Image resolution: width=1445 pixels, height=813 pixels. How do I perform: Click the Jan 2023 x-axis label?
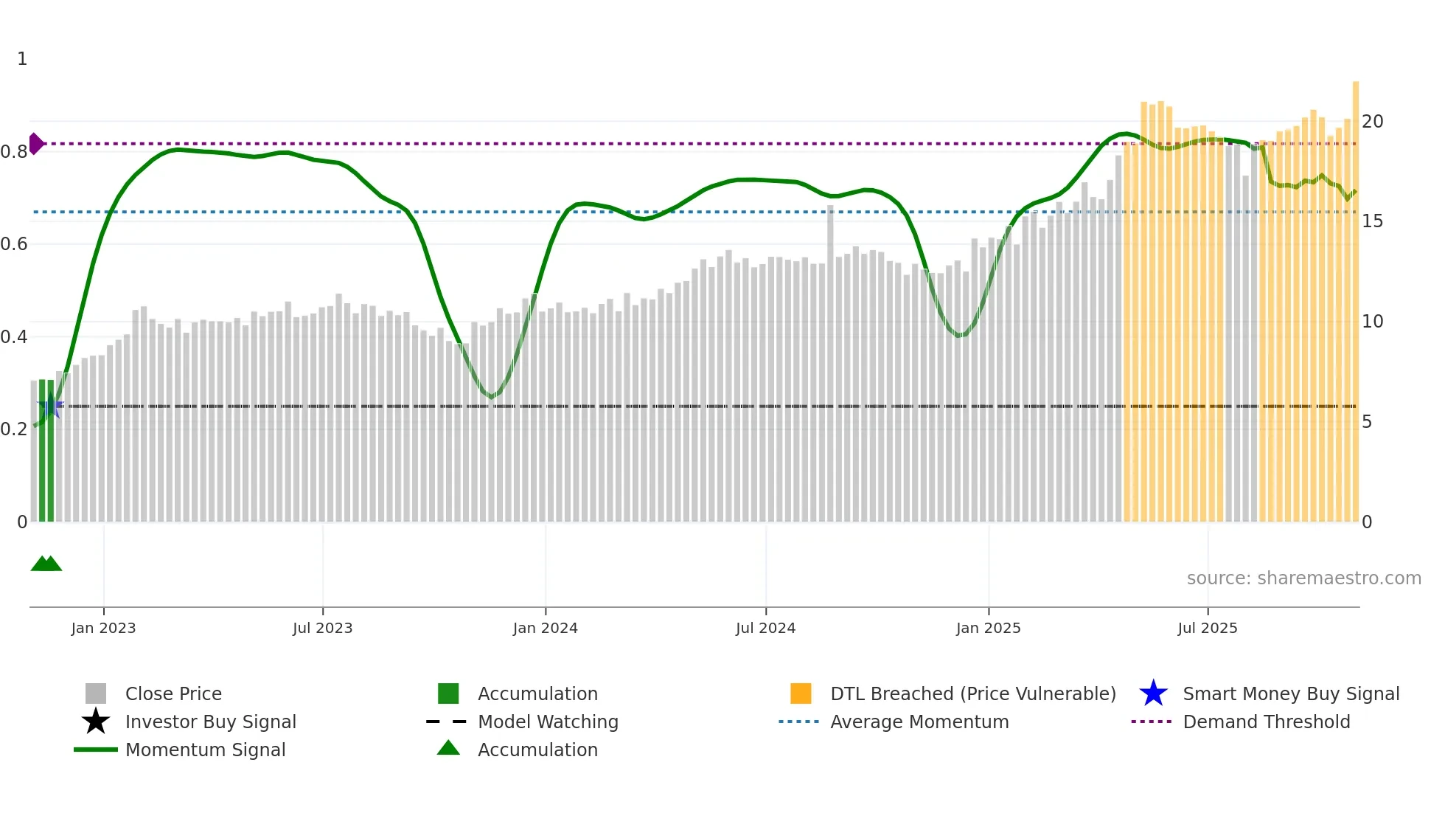[x=103, y=628]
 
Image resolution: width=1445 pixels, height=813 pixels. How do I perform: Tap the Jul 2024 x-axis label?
[x=765, y=628]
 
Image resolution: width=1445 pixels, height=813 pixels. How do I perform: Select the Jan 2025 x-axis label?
[x=988, y=628]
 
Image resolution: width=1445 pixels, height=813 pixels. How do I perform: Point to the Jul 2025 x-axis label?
[x=1207, y=628]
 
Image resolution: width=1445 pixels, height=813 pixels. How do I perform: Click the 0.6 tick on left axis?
[x=13, y=244]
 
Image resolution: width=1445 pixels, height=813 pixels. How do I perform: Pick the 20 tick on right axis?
[x=1372, y=122]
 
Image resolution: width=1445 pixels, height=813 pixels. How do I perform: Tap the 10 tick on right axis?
[x=1372, y=322]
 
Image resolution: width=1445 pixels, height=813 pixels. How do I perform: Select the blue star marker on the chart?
[x=50, y=406]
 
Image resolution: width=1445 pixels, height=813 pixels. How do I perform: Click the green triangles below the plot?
[x=46, y=564]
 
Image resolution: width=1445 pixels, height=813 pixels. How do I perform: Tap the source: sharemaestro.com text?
[x=1303, y=578]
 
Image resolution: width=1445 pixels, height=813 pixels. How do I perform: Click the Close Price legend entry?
[x=173, y=693]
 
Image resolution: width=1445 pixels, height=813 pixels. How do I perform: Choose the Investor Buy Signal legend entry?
[x=210, y=722]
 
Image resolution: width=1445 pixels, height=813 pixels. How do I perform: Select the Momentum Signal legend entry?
[x=205, y=750]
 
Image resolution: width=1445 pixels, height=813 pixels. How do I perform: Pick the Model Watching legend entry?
[x=547, y=722]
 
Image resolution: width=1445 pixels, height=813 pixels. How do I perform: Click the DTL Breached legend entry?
[x=972, y=693]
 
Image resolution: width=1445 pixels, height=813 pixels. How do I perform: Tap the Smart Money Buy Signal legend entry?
[x=1290, y=693]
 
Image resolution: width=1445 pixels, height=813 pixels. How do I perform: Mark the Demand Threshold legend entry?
[x=1266, y=722]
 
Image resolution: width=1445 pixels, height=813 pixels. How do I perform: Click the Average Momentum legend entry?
[x=919, y=722]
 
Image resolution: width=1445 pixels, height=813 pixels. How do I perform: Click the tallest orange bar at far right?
[x=1355, y=295]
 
